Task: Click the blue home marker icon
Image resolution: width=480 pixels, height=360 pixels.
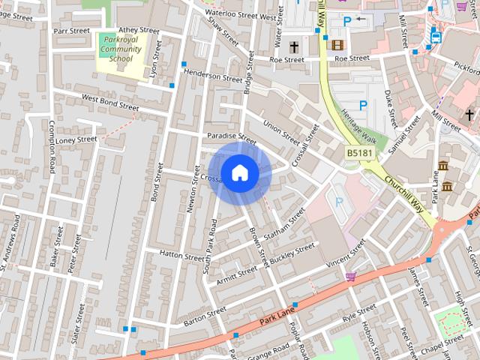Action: (239, 173)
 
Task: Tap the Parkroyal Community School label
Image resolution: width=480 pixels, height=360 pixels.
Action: (120, 49)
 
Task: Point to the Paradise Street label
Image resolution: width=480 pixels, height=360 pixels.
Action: (231, 137)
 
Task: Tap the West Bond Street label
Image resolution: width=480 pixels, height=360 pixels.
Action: (110, 103)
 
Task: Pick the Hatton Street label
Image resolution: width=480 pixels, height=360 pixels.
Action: (181, 255)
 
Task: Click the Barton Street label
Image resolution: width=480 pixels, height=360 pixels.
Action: (204, 316)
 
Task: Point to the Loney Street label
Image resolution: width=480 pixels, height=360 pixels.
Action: (76, 139)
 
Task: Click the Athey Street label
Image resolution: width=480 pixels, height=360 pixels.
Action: (139, 30)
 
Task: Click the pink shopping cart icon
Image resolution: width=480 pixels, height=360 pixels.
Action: (350, 277)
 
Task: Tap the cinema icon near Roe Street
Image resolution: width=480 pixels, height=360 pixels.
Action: (337, 45)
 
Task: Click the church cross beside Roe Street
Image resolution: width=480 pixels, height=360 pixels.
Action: (294, 46)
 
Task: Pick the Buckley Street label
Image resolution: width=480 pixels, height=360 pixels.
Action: (292, 253)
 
